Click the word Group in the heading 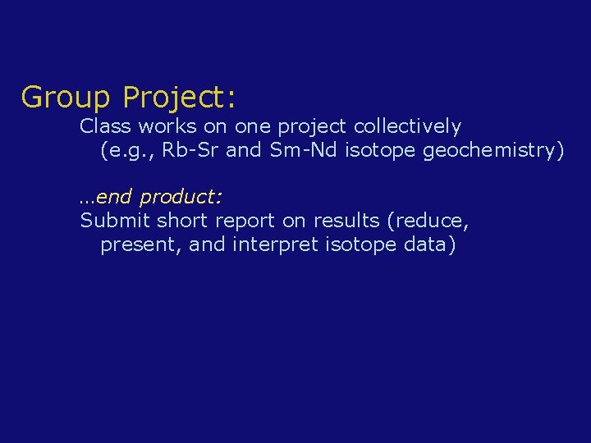[x=65, y=98]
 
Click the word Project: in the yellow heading [x=180, y=98]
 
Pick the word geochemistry [x=493, y=151]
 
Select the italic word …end [x=107, y=198]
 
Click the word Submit [x=115, y=221]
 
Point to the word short [x=183, y=221]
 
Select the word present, [x=140, y=245]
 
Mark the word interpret [x=271, y=245]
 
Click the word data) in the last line [x=430, y=245]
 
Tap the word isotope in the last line [x=357, y=245]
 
